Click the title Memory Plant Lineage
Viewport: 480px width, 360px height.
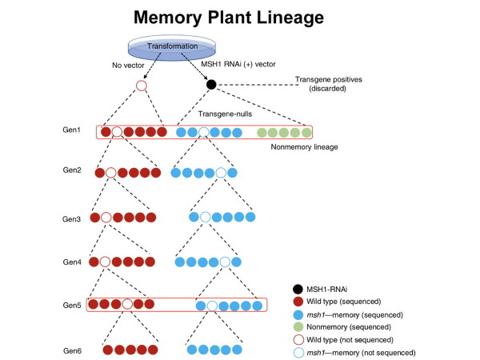coord(240,16)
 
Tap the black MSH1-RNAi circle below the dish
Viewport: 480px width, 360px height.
coord(211,85)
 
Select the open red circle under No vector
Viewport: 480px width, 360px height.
coord(142,85)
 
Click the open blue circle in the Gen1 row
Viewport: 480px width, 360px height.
coord(204,132)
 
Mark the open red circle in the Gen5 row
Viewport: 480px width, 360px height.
coord(126,305)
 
